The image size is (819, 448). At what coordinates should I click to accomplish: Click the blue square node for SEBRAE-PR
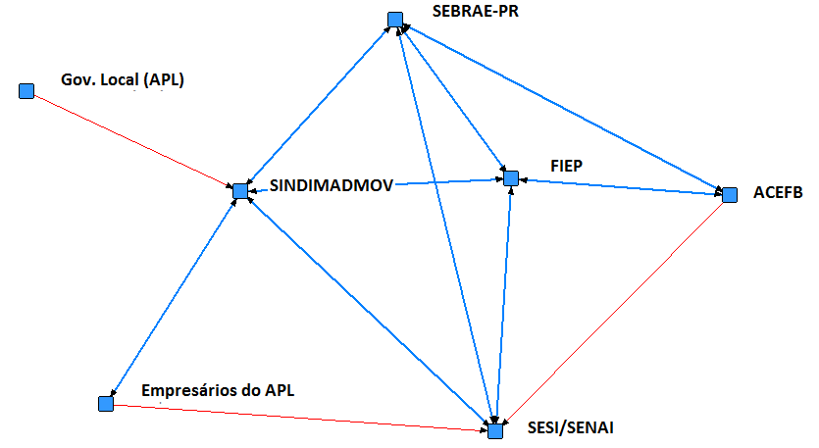[394, 20]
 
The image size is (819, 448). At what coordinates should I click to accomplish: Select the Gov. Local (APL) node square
[26, 91]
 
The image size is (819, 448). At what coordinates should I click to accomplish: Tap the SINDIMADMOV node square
[239, 190]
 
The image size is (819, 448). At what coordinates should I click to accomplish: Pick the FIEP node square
[510, 178]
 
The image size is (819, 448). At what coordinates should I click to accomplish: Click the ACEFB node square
[728, 194]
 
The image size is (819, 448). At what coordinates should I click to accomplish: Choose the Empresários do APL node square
[106, 403]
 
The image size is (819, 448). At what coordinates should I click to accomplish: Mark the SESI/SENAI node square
[495, 430]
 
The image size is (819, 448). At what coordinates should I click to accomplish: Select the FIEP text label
[566, 167]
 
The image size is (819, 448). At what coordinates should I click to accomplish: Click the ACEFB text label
[779, 193]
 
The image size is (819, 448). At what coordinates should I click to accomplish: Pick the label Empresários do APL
[218, 390]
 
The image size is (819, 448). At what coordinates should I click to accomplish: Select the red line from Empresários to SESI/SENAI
[294, 417]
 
